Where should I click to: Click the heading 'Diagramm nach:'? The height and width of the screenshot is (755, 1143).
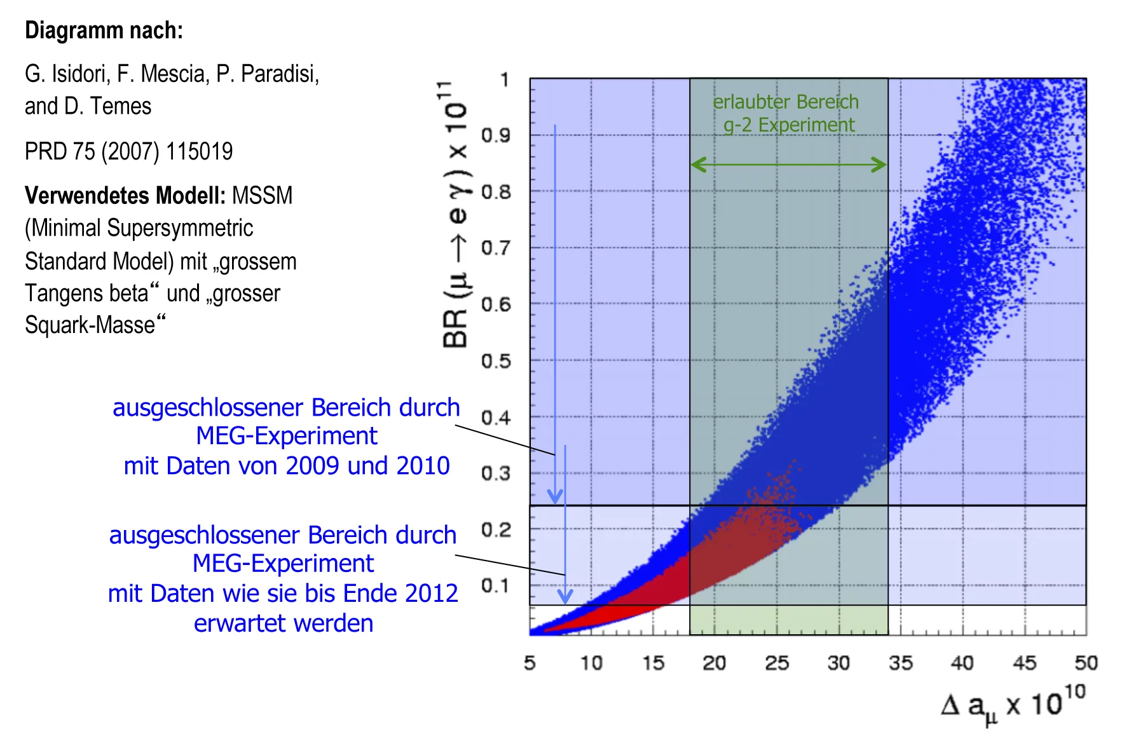tap(104, 31)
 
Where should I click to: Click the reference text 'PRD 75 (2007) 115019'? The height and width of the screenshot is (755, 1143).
tap(128, 152)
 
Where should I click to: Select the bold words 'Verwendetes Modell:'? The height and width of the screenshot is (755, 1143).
tap(125, 196)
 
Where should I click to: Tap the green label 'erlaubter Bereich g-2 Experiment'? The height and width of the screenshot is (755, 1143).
tap(786, 113)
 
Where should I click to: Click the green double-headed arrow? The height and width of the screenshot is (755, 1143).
tap(788, 165)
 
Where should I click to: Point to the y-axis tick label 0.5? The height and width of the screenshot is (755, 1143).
tap(496, 361)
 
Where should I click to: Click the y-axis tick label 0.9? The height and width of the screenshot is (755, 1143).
tap(496, 135)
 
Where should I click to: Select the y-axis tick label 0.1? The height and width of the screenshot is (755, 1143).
tap(496, 585)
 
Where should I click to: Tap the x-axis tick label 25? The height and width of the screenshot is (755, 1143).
tap(777, 663)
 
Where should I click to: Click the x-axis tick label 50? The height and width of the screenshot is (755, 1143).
tap(1086, 663)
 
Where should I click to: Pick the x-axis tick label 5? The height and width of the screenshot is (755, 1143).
tap(530, 663)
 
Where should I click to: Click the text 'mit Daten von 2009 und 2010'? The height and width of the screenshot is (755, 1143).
tap(287, 466)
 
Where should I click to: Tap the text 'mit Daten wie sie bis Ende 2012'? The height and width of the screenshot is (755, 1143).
tap(283, 594)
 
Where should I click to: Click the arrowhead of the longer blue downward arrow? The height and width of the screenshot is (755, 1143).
tap(555, 496)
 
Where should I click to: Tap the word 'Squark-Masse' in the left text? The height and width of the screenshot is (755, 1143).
tap(90, 325)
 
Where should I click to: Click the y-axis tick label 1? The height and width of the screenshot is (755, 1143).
tap(504, 80)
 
